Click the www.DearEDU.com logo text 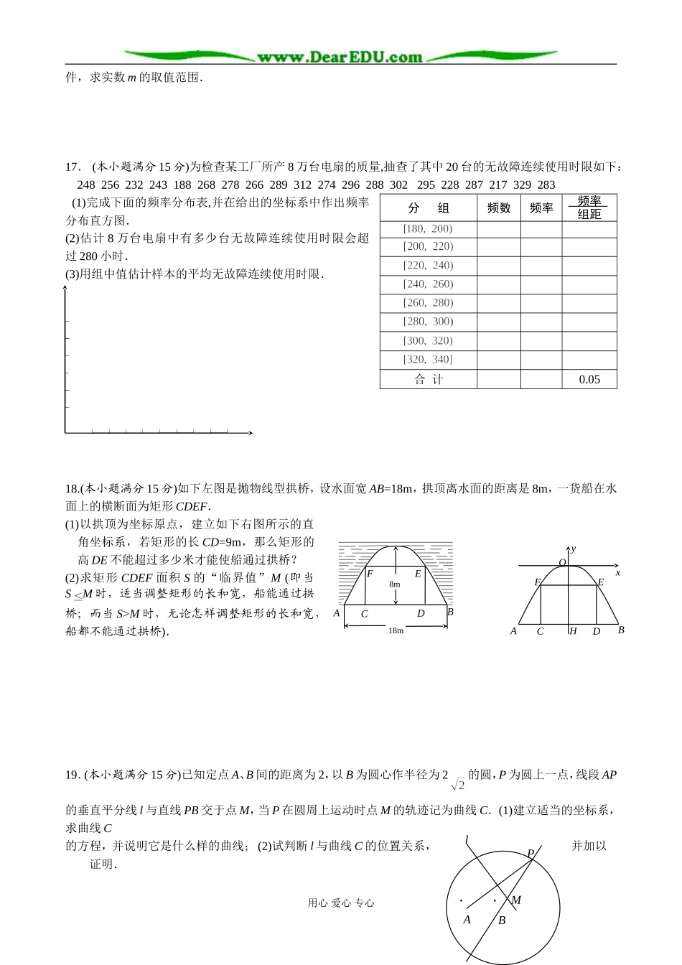pyautogui.click(x=340, y=57)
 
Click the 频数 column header pyautogui.click(x=499, y=208)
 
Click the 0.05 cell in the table pyautogui.click(x=589, y=379)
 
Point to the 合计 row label pyautogui.click(x=429, y=379)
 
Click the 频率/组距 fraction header pyautogui.click(x=589, y=208)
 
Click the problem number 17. pyautogui.click(x=73, y=167)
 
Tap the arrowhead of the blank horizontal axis pyautogui.click(x=250, y=433)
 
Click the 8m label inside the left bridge pyautogui.click(x=395, y=584)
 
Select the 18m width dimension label pyautogui.click(x=396, y=630)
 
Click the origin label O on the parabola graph pyautogui.click(x=562, y=562)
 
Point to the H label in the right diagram pyautogui.click(x=573, y=631)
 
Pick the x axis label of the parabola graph pyautogui.click(x=617, y=572)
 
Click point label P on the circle pyautogui.click(x=531, y=854)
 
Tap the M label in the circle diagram pyautogui.click(x=515, y=900)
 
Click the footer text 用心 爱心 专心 pyautogui.click(x=341, y=903)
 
